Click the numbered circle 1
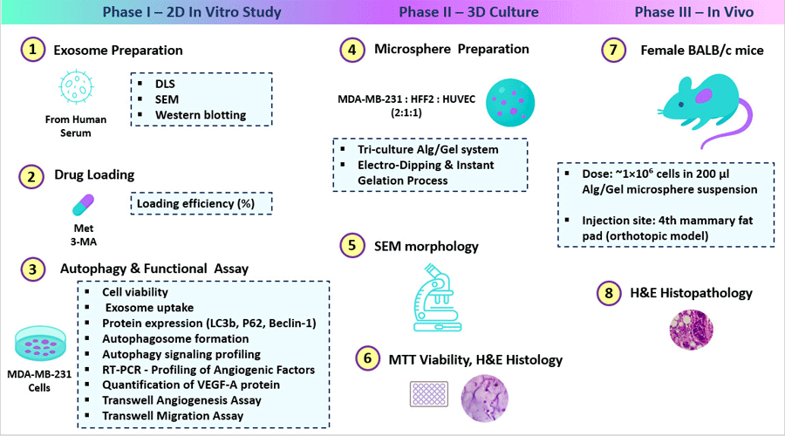click(x=33, y=50)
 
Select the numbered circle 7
click(x=614, y=50)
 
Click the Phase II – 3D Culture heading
click(x=468, y=13)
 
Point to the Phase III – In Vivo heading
click(x=693, y=13)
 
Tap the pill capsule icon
click(x=83, y=205)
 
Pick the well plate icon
click(x=430, y=393)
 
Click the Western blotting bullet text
click(x=201, y=114)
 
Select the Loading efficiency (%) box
click(x=201, y=203)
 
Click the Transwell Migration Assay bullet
click(x=173, y=416)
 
